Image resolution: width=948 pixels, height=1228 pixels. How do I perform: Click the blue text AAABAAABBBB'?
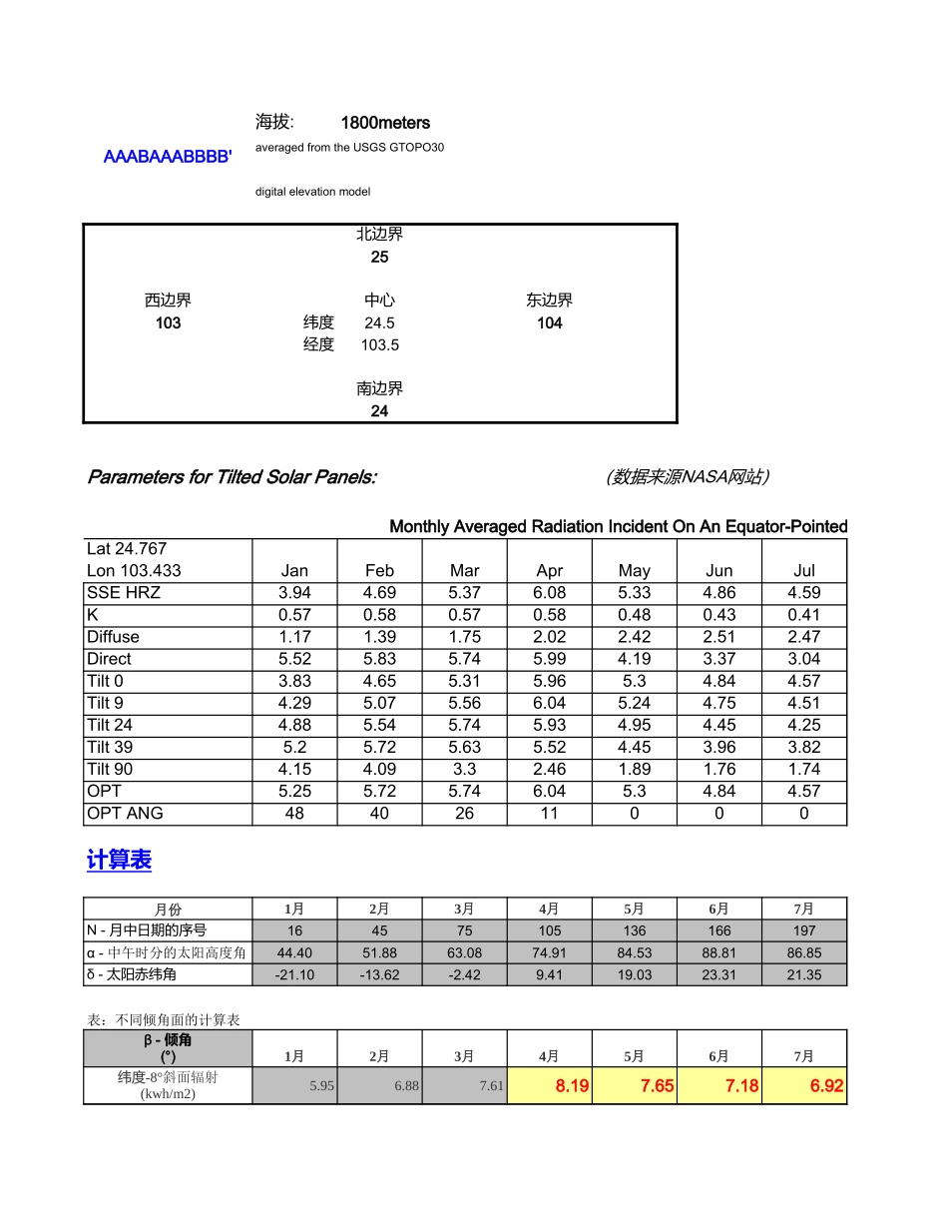[x=168, y=157]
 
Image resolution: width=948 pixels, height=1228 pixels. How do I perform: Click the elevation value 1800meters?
[x=385, y=123]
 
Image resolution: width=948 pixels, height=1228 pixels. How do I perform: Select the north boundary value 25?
[x=379, y=257]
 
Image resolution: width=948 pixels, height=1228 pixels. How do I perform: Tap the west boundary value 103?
[x=168, y=322]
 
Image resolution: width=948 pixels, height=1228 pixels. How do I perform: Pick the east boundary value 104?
[x=549, y=322]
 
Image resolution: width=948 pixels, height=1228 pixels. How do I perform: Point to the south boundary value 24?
[x=379, y=410]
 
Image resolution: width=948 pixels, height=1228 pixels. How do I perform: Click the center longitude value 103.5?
[x=379, y=344]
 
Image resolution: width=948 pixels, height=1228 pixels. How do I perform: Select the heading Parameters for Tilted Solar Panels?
[x=232, y=476]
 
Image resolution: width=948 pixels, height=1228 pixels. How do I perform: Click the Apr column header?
[x=549, y=571]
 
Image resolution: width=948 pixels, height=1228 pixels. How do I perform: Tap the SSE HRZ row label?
[x=124, y=593]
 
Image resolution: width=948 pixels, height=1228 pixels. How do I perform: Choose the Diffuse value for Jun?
[x=718, y=637]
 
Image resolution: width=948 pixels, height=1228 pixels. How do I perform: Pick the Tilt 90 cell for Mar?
[x=464, y=769]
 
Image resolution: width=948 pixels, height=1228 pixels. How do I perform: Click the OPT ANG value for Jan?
[x=294, y=813]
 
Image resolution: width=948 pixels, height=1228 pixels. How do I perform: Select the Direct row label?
[x=109, y=659]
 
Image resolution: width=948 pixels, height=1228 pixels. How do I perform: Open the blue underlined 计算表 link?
[x=119, y=861]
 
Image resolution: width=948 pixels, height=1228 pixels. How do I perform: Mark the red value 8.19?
[x=572, y=1086]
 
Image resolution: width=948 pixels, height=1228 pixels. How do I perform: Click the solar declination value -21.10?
[x=294, y=974]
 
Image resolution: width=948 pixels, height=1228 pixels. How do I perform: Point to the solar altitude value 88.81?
[x=718, y=952]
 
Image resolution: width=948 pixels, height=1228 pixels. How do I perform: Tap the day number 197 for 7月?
[x=803, y=930]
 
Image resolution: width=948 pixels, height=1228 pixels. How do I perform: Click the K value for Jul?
[x=803, y=615]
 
